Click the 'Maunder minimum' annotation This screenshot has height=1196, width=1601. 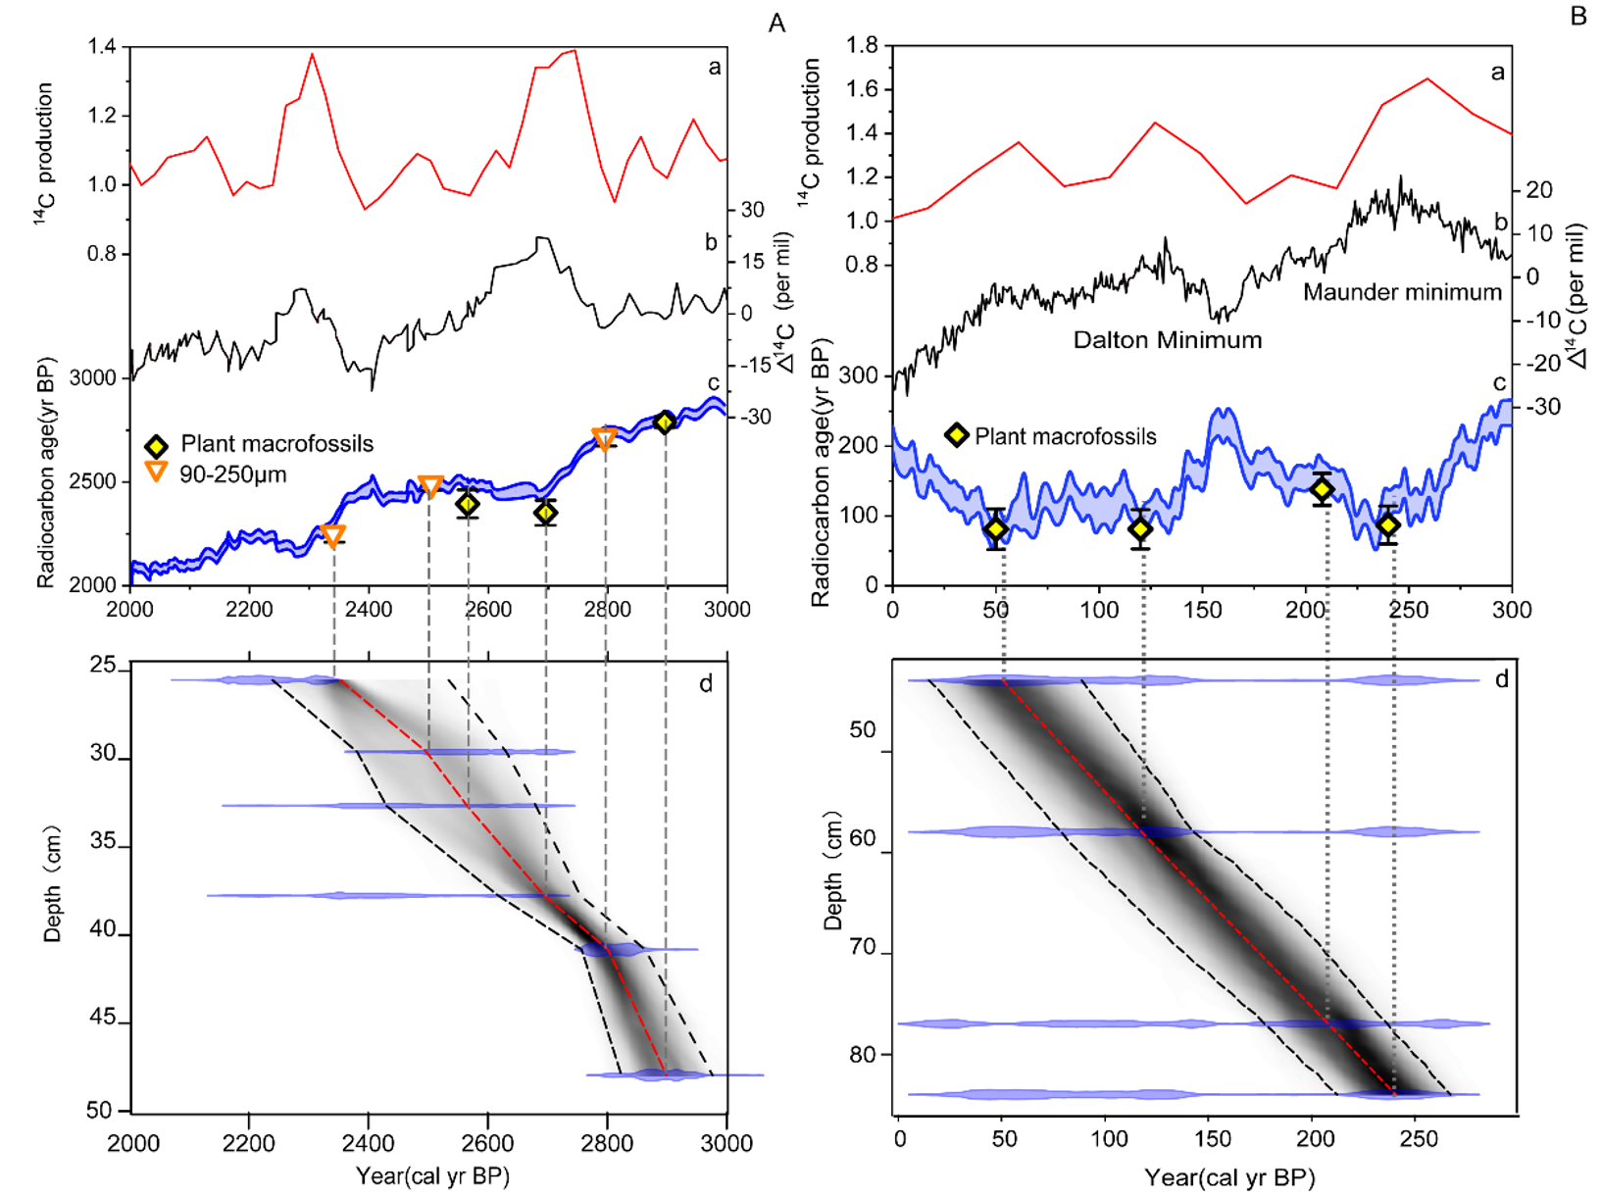[x=1402, y=292]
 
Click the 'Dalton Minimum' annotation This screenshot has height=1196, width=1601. [x=1167, y=340]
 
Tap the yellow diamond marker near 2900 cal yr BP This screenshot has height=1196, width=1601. [x=665, y=423]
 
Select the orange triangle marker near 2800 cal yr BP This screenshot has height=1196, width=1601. [x=605, y=438]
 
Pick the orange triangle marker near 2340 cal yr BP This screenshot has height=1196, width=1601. [x=333, y=536]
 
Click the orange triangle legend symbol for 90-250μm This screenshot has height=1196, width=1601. [x=156, y=473]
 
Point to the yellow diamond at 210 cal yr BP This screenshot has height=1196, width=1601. [x=1323, y=489]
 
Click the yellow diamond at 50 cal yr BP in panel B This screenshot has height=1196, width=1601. [x=996, y=529]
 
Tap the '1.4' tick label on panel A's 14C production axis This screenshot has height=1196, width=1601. [x=101, y=46]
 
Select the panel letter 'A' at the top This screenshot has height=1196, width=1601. [x=776, y=23]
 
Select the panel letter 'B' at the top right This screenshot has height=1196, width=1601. [x=1578, y=16]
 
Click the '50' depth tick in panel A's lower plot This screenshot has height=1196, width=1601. [x=100, y=1111]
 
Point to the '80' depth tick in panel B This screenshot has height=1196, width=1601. [x=863, y=1055]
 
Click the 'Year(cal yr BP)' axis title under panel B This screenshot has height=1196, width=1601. [x=1229, y=1176]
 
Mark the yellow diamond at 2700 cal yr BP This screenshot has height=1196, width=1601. [x=546, y=512]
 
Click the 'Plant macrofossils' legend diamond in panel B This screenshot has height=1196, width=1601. [x=956, y=435]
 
